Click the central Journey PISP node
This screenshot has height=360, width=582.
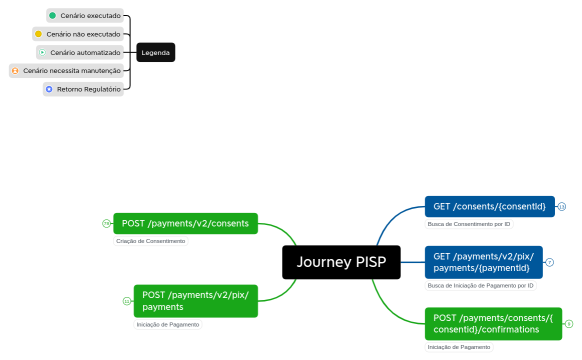pyautogui.click(x=341, y=262)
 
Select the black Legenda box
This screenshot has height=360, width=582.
pyautogui.click(x=155, y=52)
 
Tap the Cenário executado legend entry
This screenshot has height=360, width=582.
pyautogui.click(x=85, y=16)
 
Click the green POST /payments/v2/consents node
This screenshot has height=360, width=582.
pyautogui.click(x=185, y=223)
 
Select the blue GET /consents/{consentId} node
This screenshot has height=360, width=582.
pyautogui.click(x=489, y=206)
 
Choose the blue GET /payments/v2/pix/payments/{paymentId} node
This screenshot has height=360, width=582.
pyautogui.click(x=483, y=262)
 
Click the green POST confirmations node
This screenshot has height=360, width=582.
pyautogui.click(x=493, y=323)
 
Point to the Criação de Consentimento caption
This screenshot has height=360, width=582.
pyautogui.click(x=150, y=241)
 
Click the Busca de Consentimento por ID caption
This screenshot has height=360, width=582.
pyautogui.click(x=468, y=224)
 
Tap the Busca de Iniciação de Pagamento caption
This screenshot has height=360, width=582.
pyautogui.click(x=480, y=285)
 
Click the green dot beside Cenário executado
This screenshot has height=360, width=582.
pyautogui.click(x=53, y=16)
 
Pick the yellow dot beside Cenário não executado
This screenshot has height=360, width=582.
pyautogui.click(x=39, y=34)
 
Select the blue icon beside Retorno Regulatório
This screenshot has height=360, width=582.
pyautogui.click(x=49, y=89)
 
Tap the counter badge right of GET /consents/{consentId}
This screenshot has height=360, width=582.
pyautogui.click(x=561, y=207)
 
